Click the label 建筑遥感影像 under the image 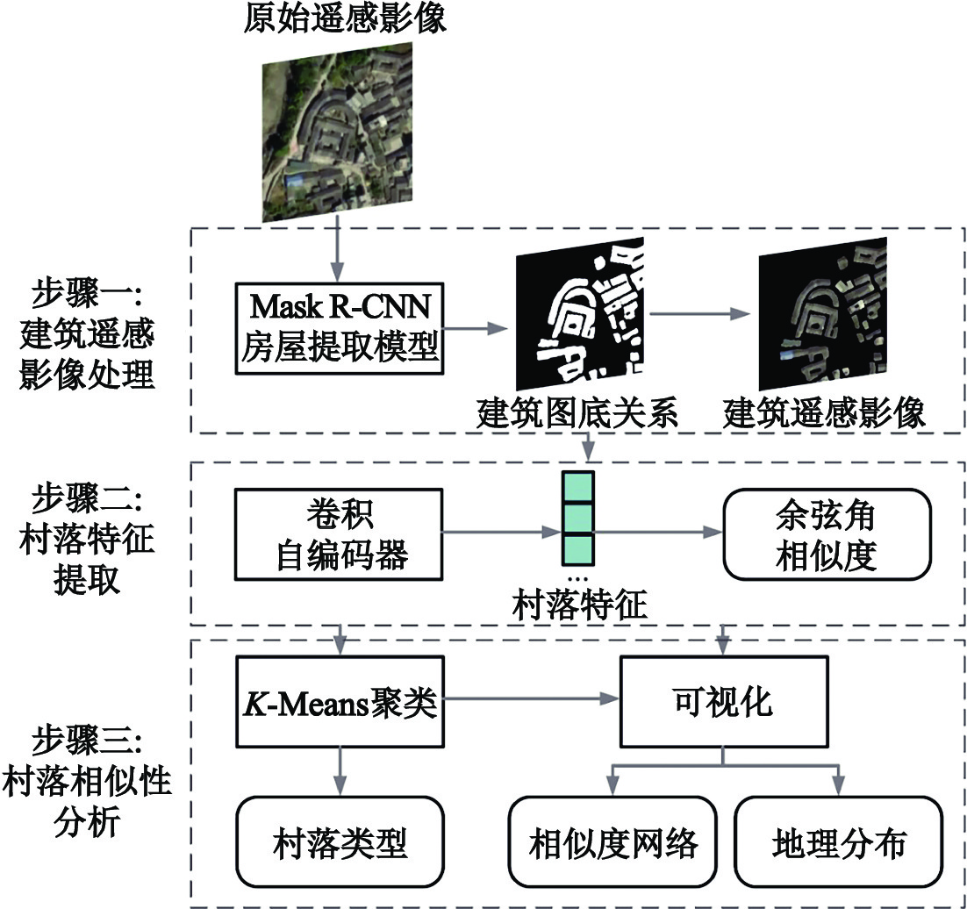coord(825,412)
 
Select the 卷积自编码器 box coord(338,533)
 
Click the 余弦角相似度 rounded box coord(825,533)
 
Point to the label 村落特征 coord(580,605)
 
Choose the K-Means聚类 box coord(338,705)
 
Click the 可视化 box coord(722,705)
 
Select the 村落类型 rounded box coord(338,842)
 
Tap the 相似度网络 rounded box coord(613,842)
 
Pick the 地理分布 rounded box coord(839,842)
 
